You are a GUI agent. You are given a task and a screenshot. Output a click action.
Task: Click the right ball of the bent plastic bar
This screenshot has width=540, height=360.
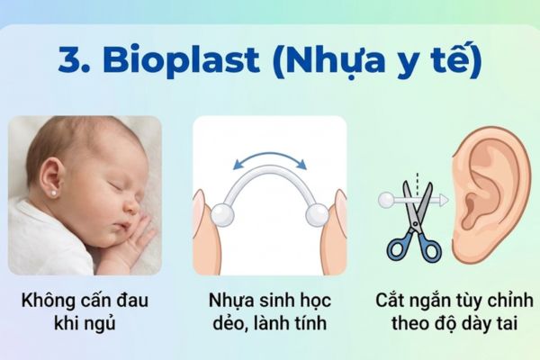[317, 214]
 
